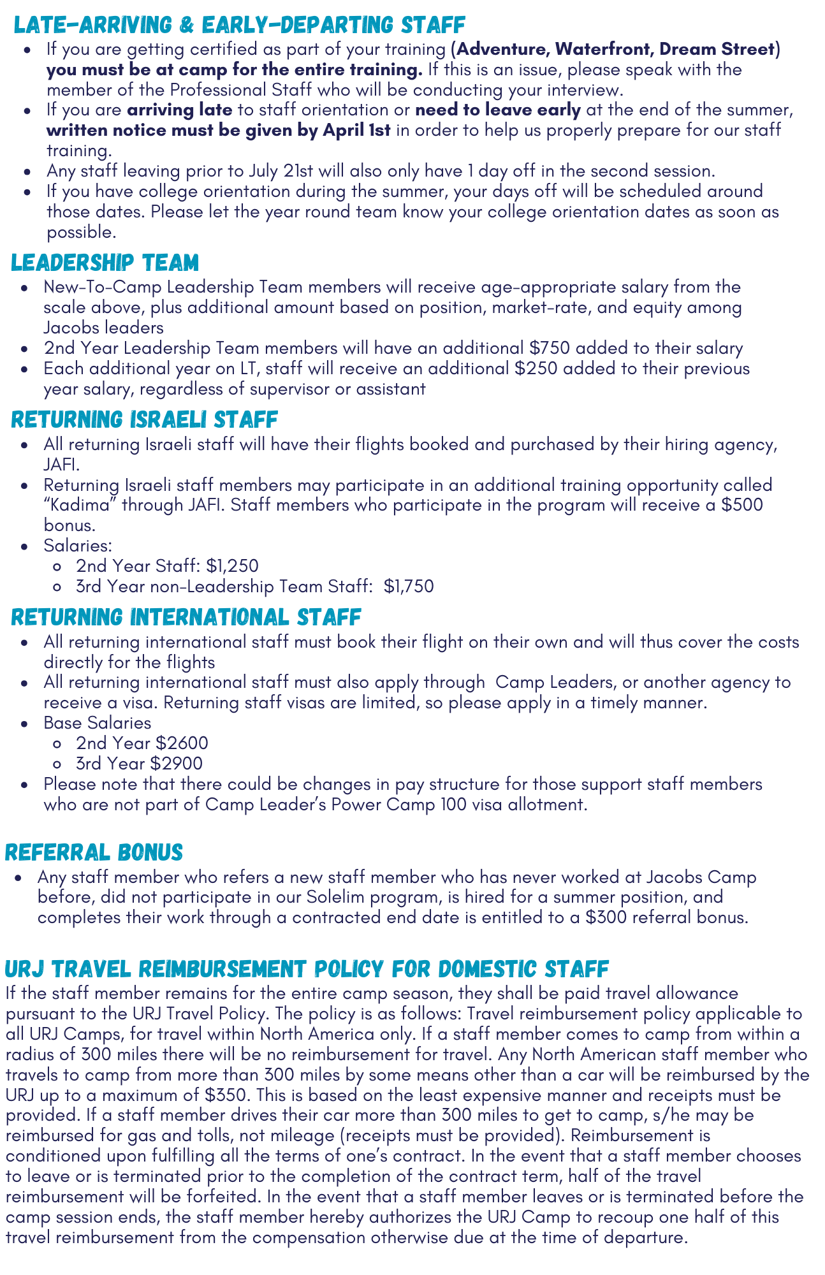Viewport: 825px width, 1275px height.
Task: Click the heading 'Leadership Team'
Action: click(105, 263)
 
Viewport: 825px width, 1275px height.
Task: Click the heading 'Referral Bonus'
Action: click(94, 852)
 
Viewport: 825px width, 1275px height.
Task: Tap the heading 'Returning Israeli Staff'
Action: click(145, 419)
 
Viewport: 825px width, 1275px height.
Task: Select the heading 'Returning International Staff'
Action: click(186, 617)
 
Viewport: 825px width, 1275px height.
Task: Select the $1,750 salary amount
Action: click(409, 586)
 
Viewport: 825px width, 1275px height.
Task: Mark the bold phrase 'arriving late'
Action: click(180, 110)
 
